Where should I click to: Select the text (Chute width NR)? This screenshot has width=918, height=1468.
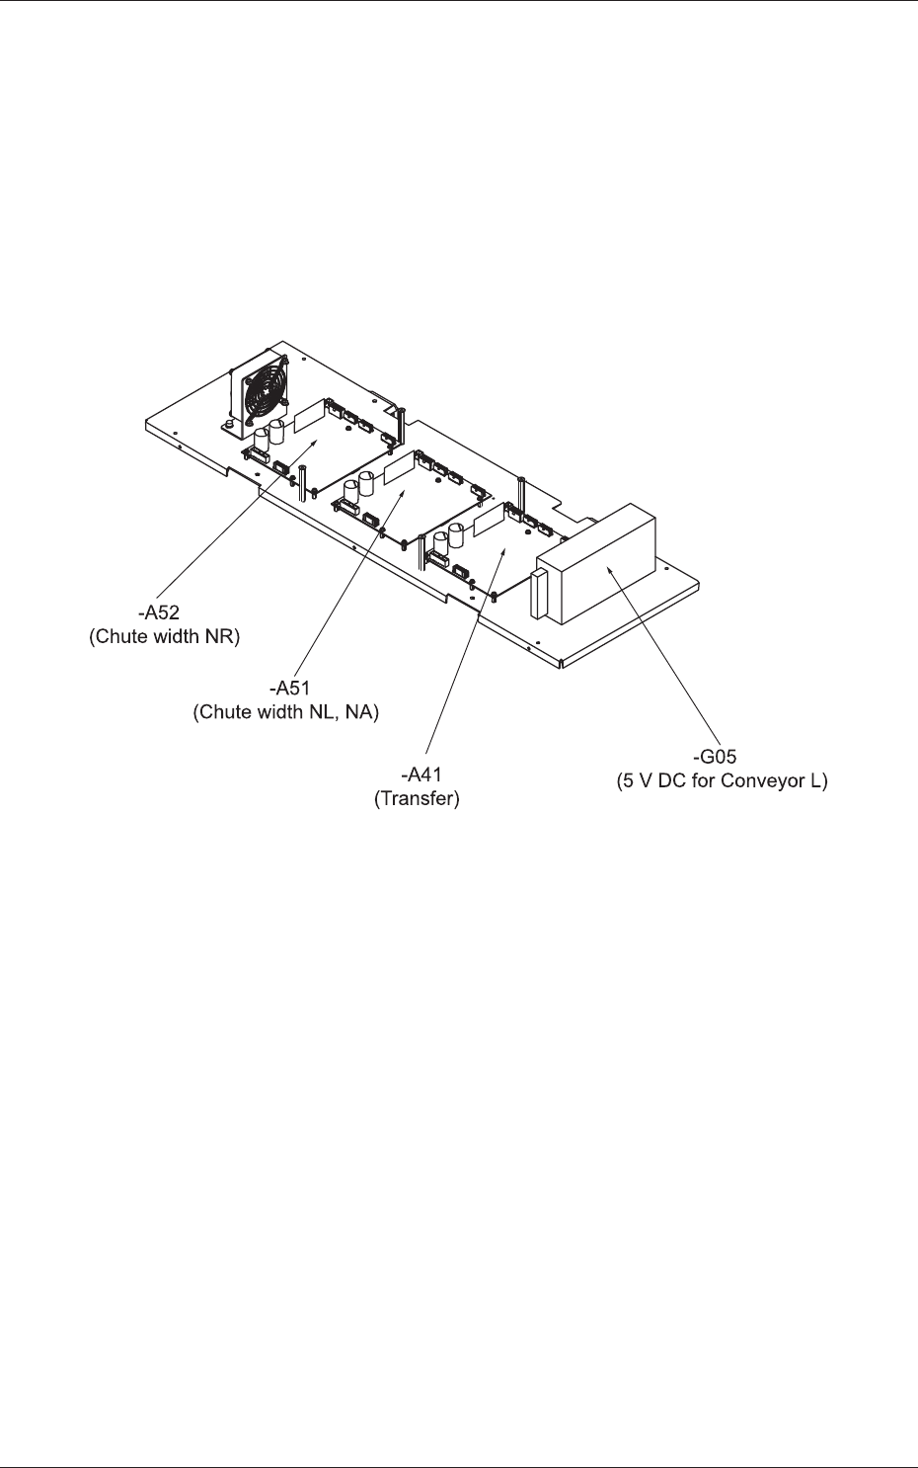click(165, 637)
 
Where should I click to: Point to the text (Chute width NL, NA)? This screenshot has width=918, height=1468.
click(285, 711)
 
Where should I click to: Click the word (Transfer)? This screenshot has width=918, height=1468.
click(417, 799)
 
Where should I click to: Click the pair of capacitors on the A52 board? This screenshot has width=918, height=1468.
click(269, 435)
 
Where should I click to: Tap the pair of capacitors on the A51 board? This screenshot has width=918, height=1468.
click(358, 484)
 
